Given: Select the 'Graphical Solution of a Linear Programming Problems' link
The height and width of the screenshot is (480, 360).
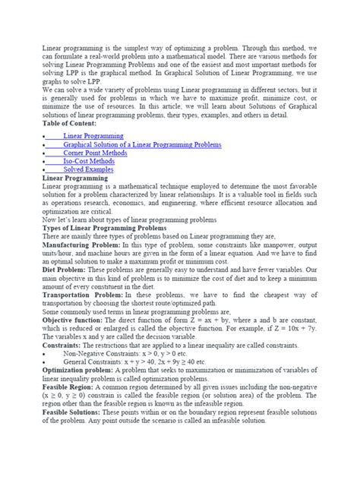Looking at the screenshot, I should coord(143,144).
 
